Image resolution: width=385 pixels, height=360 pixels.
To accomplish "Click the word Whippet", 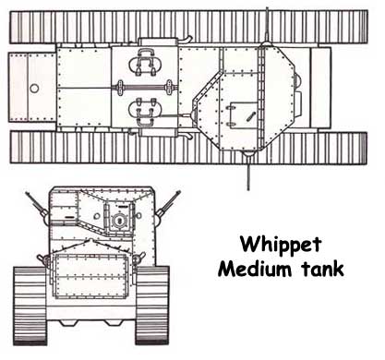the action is click(x=281, y=246).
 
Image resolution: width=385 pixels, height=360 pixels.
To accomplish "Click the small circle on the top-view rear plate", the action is click(x=34, y=89).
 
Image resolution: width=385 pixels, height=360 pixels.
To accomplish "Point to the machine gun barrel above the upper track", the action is click(x=267, y=25).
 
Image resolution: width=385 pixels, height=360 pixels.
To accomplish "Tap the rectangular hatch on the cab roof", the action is click(x=243, y=115).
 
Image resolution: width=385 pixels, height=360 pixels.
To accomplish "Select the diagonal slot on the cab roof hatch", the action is click(x=250, y=116).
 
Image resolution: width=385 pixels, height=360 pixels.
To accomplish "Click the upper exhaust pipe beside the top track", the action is click(x=185, y=40).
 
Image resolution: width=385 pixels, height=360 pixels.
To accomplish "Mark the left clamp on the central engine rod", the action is click(x=119, y=88).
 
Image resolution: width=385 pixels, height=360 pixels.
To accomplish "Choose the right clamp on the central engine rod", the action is click(x=169, y=88).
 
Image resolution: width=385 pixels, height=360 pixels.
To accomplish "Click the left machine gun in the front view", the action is click(x=37, y=206).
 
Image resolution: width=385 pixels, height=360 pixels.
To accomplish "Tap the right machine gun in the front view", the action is click(x=167, y=207).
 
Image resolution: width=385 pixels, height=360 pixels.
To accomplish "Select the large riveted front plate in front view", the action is click(x=90, y=276).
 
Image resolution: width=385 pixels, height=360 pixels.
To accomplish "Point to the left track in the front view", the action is click(x=30, y=306).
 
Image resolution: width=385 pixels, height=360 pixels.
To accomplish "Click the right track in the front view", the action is click(x=152, y=306).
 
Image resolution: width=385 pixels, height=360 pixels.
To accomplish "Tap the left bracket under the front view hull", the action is click(x=68, y=323).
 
